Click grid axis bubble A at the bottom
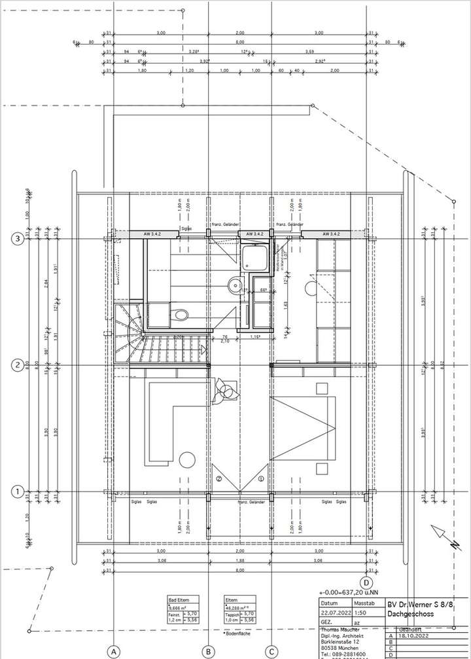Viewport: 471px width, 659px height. pos(114,651)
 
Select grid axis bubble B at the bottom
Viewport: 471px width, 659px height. pos(208,651)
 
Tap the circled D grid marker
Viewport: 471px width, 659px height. pos(366,582)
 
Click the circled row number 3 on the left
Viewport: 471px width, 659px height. pos(18,240)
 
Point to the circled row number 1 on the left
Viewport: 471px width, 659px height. pos(18,491)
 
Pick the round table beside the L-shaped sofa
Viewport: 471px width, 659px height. pos(186,459)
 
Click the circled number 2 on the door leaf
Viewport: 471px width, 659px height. pos(220,479)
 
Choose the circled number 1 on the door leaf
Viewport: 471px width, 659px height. pos(261,479)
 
